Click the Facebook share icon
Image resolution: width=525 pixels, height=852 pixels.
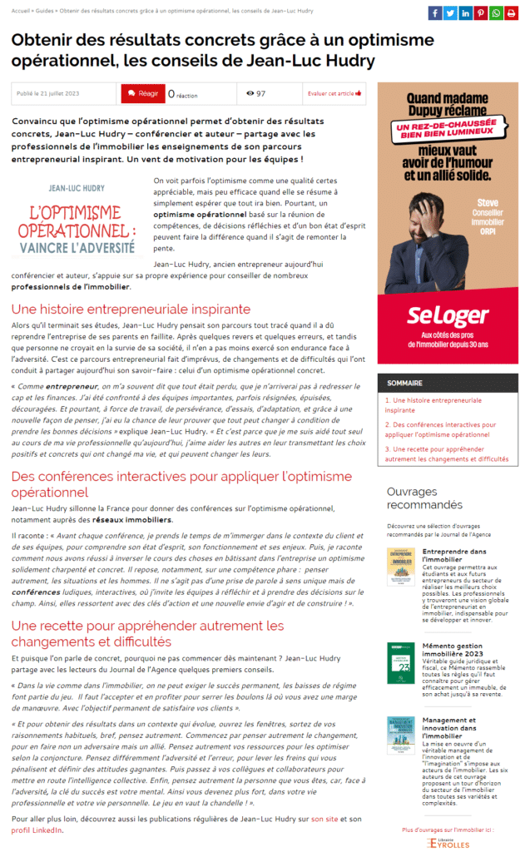[x=435, y=12]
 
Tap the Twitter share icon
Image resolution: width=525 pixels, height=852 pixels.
[x=450, y=12]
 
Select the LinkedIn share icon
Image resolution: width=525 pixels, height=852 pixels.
[x=465, y=12]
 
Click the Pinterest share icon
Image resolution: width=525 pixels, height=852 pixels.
[x=480, y=12]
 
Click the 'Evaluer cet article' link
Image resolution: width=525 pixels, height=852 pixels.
[x=334, y=94]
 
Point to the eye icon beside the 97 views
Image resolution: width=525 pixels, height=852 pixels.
[x=250, y=94]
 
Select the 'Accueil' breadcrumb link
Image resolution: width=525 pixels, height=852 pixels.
[x=22, y=10]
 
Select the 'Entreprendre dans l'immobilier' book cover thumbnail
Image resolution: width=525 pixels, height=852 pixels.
[x=401, y=567]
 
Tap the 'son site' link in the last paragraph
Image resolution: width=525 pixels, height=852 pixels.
[x=324, y=820]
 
